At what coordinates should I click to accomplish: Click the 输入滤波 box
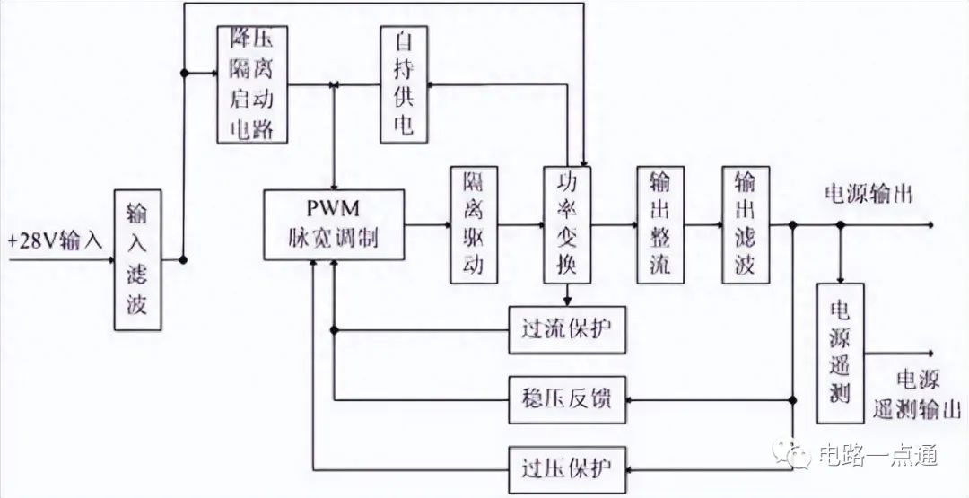pyautogui.click(x=138, y=259)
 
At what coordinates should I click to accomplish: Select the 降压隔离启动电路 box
pyautogui.click(x=254, y=83)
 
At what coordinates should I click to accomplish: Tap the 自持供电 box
pyautogui.click(x=403, y=83)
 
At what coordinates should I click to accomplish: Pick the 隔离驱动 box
pyautogui.click(x=474, y=224)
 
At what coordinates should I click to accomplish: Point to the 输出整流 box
pyautogui.click(x=660, y=224)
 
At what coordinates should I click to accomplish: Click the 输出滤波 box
pyautogui.click(x=746, y=224)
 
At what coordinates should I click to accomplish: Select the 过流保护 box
pyautogui.click(x=565, y=328)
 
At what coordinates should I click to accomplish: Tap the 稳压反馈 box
pyautogui.click(x=565, y=398)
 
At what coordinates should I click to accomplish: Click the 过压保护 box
pyautogui.click(x=565, y=467)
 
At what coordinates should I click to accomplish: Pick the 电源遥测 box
pyautogui.click(x=841, y=353)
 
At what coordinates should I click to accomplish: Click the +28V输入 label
pyautogui.click(x=56, y=240)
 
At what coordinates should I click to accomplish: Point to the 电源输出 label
pyautogui.click(x=868, y=194)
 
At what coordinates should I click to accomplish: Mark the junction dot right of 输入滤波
pyautogui.click(x=183, y=260)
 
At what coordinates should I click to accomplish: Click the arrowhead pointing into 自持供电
pyautogui.click(x=432, y=85)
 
